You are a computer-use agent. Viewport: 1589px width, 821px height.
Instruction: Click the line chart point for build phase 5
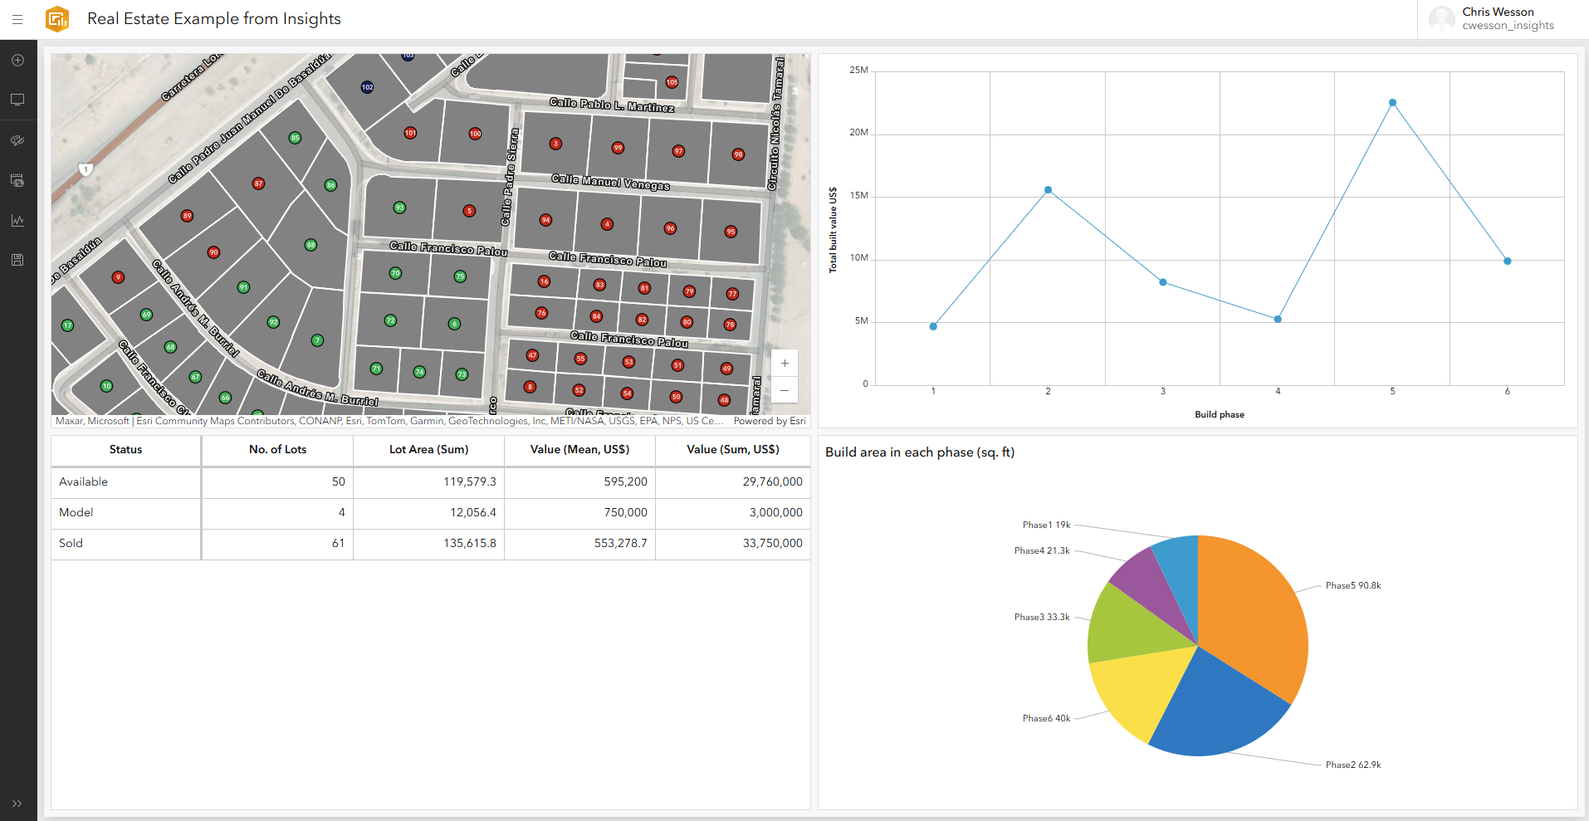tap(1392, 103)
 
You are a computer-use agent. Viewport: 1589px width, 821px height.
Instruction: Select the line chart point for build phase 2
tap(1048, 190)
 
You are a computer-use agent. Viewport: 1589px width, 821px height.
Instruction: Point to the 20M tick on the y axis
tap(858, 133)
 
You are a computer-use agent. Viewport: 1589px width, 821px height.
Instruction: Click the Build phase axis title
tap(1219, 414)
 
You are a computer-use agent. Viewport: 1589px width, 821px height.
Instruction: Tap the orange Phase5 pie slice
tap(1254, 614)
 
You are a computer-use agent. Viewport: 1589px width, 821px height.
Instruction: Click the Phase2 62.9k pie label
tap(1352, 765)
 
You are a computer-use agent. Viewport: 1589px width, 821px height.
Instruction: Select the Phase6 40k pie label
tap(1046, 718)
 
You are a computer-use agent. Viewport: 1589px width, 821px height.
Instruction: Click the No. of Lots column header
tap(277, 449)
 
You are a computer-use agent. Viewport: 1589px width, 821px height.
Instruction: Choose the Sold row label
tap(71, 543)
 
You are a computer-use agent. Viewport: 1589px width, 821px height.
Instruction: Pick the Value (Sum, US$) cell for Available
tap(772, 481)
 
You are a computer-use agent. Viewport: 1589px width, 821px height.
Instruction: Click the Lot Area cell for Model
tap(472, 512)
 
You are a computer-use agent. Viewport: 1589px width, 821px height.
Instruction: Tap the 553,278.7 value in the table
tap(620, 543)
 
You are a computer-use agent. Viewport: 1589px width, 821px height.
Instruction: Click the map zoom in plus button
tap(785, 364)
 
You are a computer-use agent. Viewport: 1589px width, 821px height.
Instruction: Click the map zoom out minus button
tap(785, 390)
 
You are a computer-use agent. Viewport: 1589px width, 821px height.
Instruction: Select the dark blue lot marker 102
tap(367, 87)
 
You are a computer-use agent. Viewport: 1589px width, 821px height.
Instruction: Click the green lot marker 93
tap(399, 208)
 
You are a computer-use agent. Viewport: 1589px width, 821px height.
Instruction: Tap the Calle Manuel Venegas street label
tap(610, 182)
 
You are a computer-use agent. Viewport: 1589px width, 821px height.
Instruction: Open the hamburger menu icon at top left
tap(17, 19)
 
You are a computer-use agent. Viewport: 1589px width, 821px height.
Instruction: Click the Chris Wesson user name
tap(1498, 12)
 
